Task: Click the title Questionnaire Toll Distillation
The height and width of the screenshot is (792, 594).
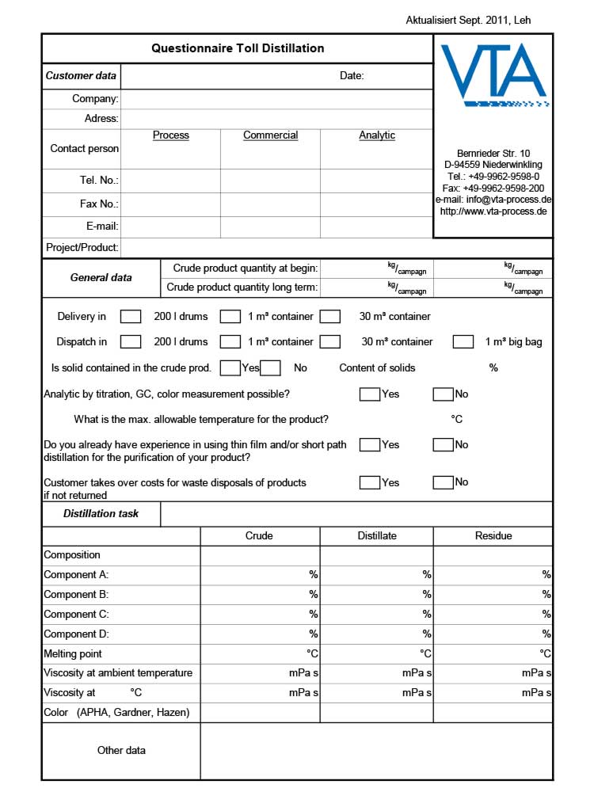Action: (238, 48)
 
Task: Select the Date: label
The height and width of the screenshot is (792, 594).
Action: (352, 76)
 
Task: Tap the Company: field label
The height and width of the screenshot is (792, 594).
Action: (95, 99)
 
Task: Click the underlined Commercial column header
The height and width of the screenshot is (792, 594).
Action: (270, 135)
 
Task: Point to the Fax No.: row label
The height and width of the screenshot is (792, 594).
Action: (99, 204)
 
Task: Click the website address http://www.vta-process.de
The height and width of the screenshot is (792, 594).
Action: (493, 211)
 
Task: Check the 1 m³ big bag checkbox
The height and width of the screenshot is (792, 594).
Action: (463, 342)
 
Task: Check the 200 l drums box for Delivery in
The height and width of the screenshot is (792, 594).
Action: (131, 317)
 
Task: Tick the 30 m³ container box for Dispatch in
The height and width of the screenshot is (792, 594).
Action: (330, 342)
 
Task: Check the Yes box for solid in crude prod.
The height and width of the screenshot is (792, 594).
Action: (230, 367)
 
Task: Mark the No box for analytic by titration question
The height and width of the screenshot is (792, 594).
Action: (443, 394)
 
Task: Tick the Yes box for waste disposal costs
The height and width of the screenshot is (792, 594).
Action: (369, 482)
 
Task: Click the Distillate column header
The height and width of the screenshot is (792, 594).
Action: (377, 536)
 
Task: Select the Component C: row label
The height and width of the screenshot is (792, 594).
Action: (76, 614)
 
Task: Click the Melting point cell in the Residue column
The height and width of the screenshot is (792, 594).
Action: (493, 654)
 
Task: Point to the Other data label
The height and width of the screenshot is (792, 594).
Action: (121, 750)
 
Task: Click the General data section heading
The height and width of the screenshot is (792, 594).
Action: (101, 278)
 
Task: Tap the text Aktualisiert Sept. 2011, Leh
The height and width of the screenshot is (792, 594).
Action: (468, 20)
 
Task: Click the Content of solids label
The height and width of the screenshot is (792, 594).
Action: (377, 367)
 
